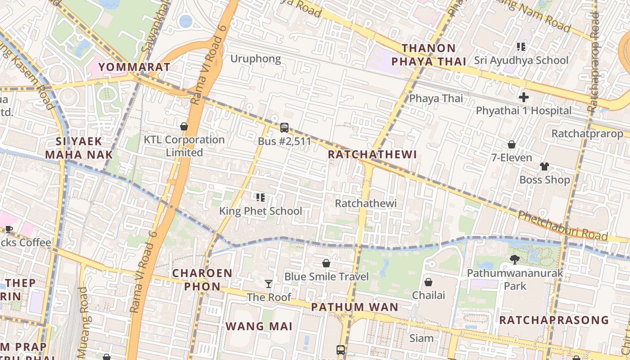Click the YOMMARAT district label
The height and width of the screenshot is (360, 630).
pyautogui.click(x=134, y=67)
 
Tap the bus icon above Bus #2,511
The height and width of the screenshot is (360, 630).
pyautogui.click(x=284, y=128)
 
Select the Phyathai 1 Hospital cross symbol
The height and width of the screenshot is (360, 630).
pyautogui.click(x=523, y=97)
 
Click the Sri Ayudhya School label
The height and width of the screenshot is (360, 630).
pyautogui.click(x=521, y=60)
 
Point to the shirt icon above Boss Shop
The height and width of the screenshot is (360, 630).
pyautogui.click(x=544, y=166)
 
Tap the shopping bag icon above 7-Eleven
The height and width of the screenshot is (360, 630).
pyautogui.click(x=511, y=144)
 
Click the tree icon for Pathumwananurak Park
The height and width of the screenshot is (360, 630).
pyautogui.click(x=515, y=259)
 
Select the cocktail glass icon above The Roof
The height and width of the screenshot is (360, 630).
pyautogui.click(x=269, y=283)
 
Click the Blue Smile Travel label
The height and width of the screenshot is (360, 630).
pyautogui.click(x=326, y=276)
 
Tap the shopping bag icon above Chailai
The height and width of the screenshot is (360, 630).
pyautogui.click(x=428, y=282)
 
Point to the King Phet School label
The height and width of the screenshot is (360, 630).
pyautogui.click(x=261, y=211)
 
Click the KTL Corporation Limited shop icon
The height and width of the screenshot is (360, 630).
pyautogui.click(x=184, y=126)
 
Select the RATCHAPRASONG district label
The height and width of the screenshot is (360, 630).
pyautogui.click(x=553, y=320)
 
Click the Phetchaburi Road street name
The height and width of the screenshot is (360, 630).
pyautogui.click(x=562, y=225)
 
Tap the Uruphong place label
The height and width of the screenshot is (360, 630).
pyautogui.click(x=255, y=58)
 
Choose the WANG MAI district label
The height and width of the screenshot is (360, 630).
pyautogui.click(x=259, y=326)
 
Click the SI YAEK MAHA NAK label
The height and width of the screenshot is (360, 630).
pyautogui.click(x=79, y=148)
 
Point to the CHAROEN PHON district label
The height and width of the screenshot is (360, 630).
pyautogui.click(x=202, y=279)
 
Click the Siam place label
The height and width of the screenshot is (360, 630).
pyautogui.click(x=422, y=338)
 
